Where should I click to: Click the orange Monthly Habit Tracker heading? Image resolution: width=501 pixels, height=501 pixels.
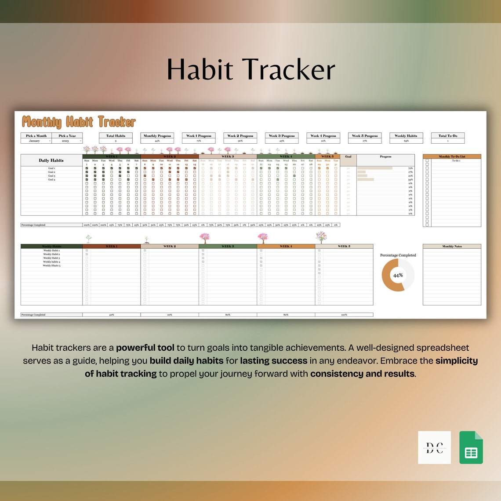tap(79, 122)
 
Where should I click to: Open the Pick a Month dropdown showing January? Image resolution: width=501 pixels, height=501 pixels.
tap(36, 141)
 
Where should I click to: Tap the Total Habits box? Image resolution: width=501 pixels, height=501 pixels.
tap(116, 138)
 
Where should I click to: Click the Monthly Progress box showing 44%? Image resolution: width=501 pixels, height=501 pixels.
tap(157, 138)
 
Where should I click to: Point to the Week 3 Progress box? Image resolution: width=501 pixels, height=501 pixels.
tap(282, 138)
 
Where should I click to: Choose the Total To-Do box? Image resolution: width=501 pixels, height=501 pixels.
tap(448, 138)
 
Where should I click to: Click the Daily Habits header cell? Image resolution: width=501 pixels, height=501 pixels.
tap(51, 160)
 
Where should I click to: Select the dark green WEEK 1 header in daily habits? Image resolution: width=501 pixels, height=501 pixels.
tap(112, 156)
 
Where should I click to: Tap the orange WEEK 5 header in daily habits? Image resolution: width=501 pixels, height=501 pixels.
tap(327, 156)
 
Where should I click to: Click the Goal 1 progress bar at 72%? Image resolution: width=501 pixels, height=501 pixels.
tap(374, 168)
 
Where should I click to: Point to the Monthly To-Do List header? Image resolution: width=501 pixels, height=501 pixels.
tap(452, 156)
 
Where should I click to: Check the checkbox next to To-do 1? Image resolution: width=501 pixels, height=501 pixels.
tap(427, 161)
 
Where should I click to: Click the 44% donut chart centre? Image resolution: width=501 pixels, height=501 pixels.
tap(398, 275)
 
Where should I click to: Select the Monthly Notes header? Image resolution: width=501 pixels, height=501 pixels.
tap(452, 246)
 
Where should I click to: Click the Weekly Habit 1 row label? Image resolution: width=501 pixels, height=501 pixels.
tap(51, 250)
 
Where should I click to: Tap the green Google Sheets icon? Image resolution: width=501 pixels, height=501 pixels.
tap(471, 447)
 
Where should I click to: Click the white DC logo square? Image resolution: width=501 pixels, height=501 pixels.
tap(434, 447)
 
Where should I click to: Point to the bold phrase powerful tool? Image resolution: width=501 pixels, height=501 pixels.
tap(145, 348)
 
